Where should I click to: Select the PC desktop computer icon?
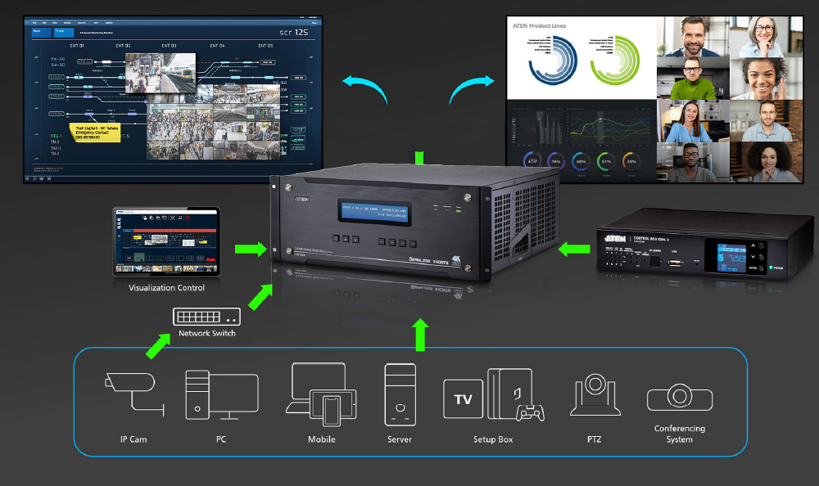[x=220, y=396]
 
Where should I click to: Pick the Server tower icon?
[x=400, y=394]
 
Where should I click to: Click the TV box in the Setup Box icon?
[x=463, y=400]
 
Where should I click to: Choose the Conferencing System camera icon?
[x=679, y=397]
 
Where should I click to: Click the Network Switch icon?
[x=206, y=316]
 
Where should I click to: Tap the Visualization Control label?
[x=167, y=288]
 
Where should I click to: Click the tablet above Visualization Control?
[x=166, y=241]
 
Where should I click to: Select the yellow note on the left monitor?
[x=97, y=133]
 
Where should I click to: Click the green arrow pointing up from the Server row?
[x=421, y=334]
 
